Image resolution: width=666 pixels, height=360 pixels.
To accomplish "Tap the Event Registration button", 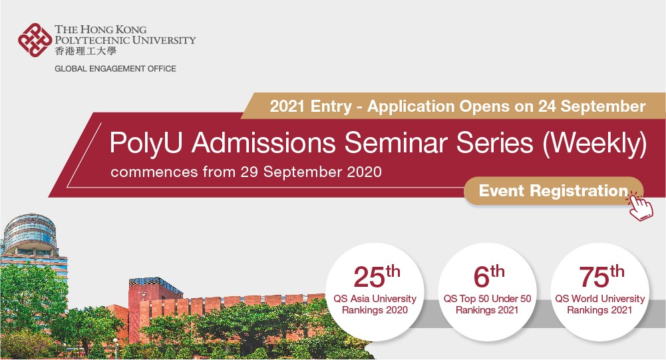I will click(553, 191).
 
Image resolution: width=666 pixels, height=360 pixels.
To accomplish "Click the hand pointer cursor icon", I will click(641, 206).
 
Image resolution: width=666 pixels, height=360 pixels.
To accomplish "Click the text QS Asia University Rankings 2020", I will click(376, 304).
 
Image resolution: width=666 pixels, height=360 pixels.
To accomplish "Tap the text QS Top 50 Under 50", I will click(488, 299).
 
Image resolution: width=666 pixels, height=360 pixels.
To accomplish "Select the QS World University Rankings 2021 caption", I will click(600, 304).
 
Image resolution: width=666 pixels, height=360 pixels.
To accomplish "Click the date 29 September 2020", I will click(323, 172).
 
